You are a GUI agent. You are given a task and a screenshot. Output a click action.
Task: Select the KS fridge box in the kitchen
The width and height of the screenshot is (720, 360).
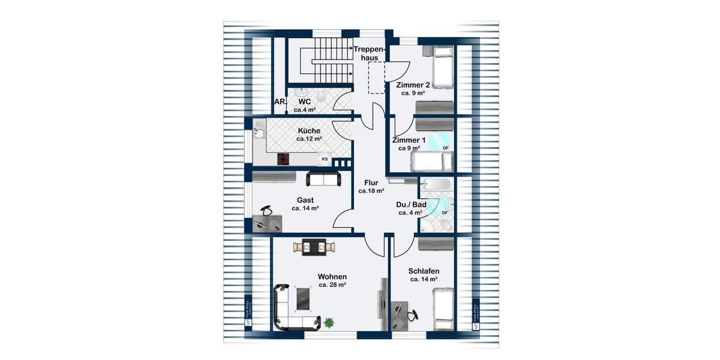tap(325, 159)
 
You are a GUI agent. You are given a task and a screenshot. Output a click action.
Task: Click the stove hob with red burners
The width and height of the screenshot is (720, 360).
tap(283, 159)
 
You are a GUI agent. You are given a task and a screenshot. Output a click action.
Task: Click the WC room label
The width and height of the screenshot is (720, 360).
tap(304, 101)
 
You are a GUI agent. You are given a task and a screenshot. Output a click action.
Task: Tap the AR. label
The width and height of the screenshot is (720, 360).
tap(280, 102)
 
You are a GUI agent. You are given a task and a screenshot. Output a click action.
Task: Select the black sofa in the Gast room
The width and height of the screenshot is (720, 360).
tap(323, 178)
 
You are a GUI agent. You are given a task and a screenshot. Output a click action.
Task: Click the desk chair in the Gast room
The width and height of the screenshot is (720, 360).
tap(267, 210)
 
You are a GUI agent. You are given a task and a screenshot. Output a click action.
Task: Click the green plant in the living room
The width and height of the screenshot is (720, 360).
tap(329, 323)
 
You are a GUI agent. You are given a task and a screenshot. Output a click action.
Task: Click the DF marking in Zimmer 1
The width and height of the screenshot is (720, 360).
tap(445, 148)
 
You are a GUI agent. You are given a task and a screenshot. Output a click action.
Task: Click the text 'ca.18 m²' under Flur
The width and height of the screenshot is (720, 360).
tap(371, 191)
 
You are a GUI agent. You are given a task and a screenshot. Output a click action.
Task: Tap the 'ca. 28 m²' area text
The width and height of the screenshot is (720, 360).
tap(332, 285)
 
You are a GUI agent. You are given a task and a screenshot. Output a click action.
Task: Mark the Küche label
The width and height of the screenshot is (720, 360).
tap(309, 130)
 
